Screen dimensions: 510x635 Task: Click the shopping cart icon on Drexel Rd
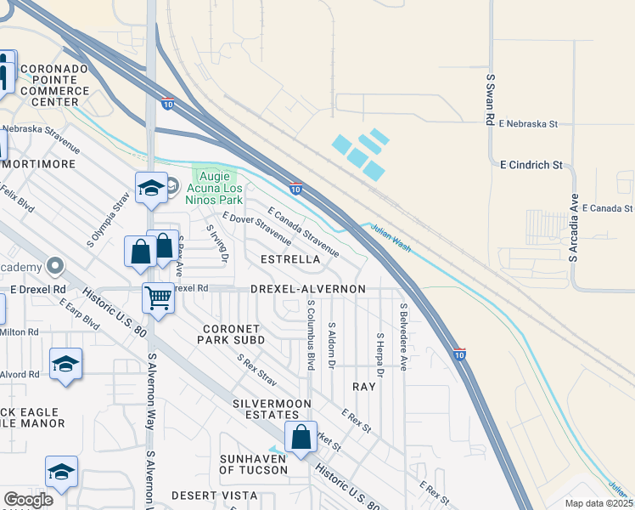[158, 297]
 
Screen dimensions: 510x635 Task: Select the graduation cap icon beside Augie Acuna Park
[151, 188]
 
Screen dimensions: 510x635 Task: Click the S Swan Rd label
[490, 100]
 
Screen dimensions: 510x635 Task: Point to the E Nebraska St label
[527, 124]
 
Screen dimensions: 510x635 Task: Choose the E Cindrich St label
[531, 164]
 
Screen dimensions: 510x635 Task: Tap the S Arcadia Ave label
[574, 231]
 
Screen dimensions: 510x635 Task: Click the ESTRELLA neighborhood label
[290, 258]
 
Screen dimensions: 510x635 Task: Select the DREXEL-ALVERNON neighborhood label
[308, 289]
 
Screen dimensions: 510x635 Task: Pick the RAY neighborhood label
[363, 386]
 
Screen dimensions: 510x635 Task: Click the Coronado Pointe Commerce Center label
[55, 85]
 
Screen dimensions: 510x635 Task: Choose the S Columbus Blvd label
[311, 334]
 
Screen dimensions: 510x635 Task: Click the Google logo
[28, 500]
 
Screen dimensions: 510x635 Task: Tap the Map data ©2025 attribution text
[598, 503]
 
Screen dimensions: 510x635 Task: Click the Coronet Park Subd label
[233, 334]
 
